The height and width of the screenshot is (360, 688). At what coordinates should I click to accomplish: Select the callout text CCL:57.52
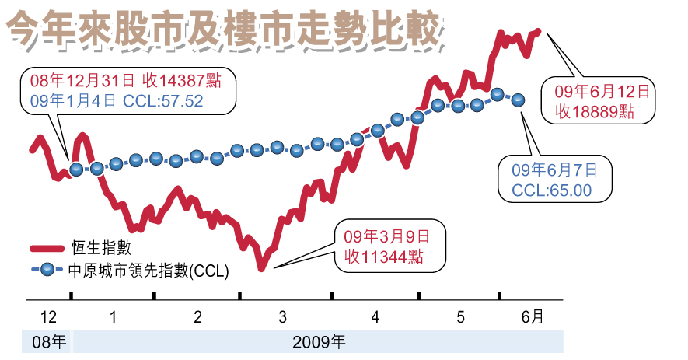[163, 100]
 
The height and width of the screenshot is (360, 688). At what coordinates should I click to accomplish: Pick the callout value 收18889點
[595, 111]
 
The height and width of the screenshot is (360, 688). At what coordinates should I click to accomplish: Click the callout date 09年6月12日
[600, 90]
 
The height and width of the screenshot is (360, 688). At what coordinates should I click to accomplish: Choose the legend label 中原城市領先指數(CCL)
[148, 271]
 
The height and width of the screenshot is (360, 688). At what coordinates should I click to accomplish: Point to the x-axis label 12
[48, 317]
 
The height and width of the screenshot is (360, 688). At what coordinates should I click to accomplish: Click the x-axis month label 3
[282, 317]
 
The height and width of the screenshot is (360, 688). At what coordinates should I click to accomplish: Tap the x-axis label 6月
[532, 316]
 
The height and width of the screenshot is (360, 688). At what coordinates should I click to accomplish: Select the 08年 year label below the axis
[48, 341]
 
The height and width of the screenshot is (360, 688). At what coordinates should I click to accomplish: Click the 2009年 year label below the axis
[320, 341]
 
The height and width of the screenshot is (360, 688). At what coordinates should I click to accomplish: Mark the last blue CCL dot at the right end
[519, 100]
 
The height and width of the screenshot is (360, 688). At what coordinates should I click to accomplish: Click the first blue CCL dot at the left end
[75, 169]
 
